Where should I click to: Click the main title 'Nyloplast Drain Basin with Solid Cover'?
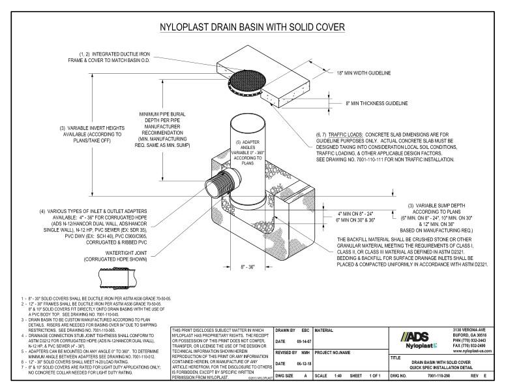pyautogui.click(x=253, y=27)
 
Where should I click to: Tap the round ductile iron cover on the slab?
pyautogui.click(x=252, y=80)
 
